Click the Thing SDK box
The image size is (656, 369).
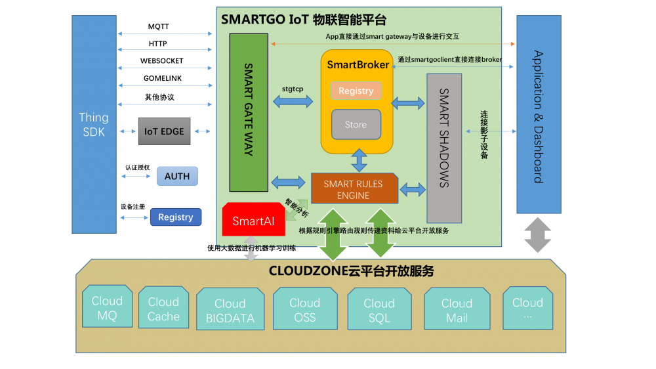pos(94,124)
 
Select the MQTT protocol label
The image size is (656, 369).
pos(158,27)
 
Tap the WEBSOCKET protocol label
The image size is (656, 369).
pos(162,61)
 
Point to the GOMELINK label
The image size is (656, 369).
pos(163,78)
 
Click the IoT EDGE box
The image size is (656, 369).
pos(164,131)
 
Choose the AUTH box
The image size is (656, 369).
pos(177,176)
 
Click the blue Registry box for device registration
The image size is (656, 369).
pos(176,217)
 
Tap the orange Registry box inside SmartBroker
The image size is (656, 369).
pos(356,91)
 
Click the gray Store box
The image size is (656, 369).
pos(356,125)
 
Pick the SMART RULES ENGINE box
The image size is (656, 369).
pos(354,189)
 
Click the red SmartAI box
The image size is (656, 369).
pos(253,221)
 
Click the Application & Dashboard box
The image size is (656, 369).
pos(539,115)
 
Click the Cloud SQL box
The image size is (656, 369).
pos(379,311)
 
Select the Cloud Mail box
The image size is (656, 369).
pos(457,311)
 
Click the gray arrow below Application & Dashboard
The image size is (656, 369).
pos(538,235)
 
